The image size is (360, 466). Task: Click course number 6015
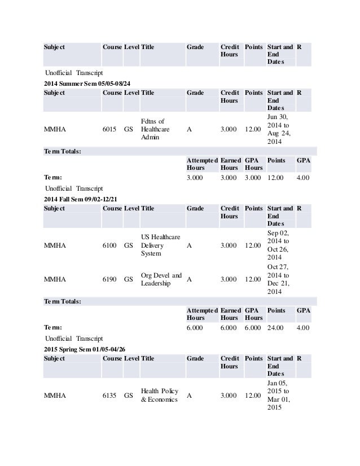coord(110,129)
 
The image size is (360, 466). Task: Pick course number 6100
coord(110,245)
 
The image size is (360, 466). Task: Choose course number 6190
coord(110,279)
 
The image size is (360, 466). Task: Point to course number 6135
coord(110,395)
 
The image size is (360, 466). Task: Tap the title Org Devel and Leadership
coord(161,279)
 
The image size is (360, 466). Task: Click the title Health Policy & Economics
coord(160,395)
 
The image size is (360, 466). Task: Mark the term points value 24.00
coord(277,327)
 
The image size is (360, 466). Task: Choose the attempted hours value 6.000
coord(196,327)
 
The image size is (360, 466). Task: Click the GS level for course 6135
coord(129,395)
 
